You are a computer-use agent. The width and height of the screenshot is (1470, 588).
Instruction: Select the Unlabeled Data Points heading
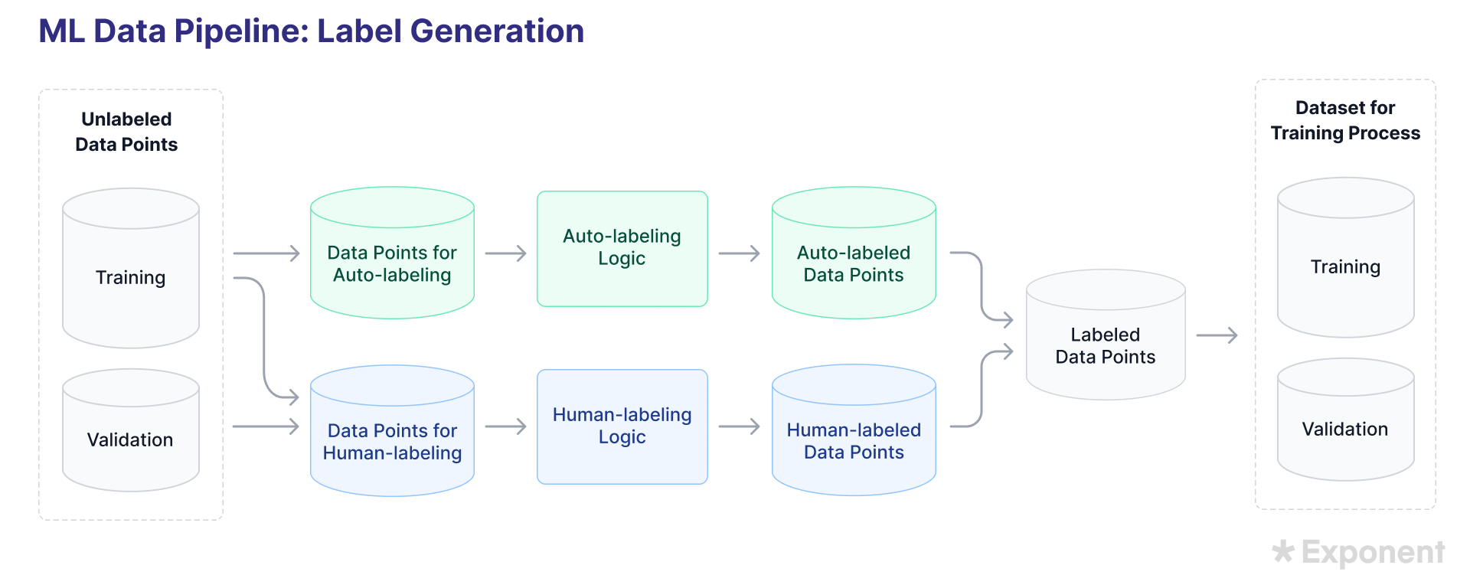(x=126, y=132)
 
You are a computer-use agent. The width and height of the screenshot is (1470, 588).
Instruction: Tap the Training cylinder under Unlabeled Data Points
(x=130, y=276)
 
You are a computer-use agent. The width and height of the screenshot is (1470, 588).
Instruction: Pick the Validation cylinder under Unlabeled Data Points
(x=130, y=439)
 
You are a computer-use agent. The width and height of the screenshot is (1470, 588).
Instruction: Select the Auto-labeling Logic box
(x=622, y=247)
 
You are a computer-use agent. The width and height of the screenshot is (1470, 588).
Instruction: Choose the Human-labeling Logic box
(x=622, y=426)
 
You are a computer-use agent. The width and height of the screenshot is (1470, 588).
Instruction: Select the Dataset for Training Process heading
(x=1345, y=120)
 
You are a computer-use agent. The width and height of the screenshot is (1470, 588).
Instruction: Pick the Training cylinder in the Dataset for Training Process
(x=1345, y=266)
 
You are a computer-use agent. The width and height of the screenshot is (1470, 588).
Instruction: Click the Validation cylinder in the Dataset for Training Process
(x=1345, y=429)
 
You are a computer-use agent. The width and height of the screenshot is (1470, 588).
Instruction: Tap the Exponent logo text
(x=1373, y=552)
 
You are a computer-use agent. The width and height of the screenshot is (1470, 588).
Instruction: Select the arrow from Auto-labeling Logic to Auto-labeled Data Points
(x=739, y=253)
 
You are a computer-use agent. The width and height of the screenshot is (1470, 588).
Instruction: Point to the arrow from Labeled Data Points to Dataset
(x=1217, y=335)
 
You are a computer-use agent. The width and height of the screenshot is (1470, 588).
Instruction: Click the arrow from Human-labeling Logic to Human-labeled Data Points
(x=739, y=426)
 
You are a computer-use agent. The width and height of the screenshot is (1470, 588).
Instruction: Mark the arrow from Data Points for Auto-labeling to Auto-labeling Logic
(x=505, y=253)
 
